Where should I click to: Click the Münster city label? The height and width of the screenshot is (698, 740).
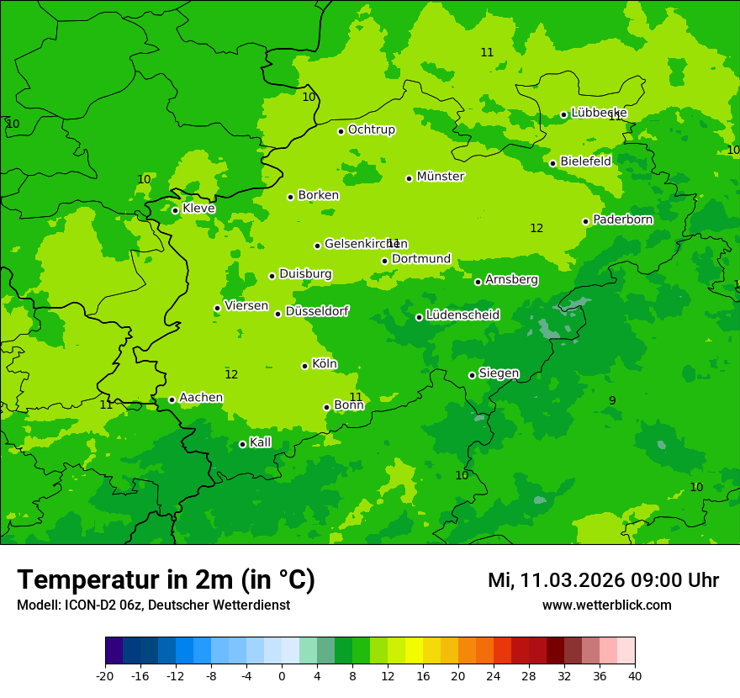coord(440,177)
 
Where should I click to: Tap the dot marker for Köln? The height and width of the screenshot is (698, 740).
coord(304,366)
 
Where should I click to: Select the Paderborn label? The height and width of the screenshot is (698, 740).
coord(622,219)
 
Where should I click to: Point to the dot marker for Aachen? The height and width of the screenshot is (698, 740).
coord(172,399)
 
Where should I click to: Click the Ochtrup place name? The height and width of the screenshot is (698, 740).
coord(371,130)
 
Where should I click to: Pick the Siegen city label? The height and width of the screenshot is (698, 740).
coord(499,373)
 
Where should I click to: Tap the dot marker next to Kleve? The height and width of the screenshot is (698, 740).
coord(175,210)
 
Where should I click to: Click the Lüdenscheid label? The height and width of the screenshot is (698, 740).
coord(462,315)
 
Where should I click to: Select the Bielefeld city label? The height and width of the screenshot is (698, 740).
coord(585,161)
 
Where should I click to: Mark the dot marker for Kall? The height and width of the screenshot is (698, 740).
coord(242,444)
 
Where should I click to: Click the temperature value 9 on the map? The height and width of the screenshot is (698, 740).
coord(612,400)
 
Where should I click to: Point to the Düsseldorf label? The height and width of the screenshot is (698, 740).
coord(316,311)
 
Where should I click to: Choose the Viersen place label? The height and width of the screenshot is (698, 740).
coord(246,306)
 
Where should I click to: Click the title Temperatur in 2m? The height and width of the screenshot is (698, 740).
coord(166,579)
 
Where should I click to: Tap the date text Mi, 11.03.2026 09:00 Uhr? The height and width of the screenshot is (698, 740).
coord(603,580)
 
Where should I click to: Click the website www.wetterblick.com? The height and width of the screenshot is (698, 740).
coord(606,605)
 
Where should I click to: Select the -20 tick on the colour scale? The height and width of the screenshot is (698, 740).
coord(105,675)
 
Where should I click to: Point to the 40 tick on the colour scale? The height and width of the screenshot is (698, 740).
coord(634,675)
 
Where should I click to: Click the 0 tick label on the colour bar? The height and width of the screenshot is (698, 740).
coord(282,675)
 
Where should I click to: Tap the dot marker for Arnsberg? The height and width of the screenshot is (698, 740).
coord(478,282)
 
